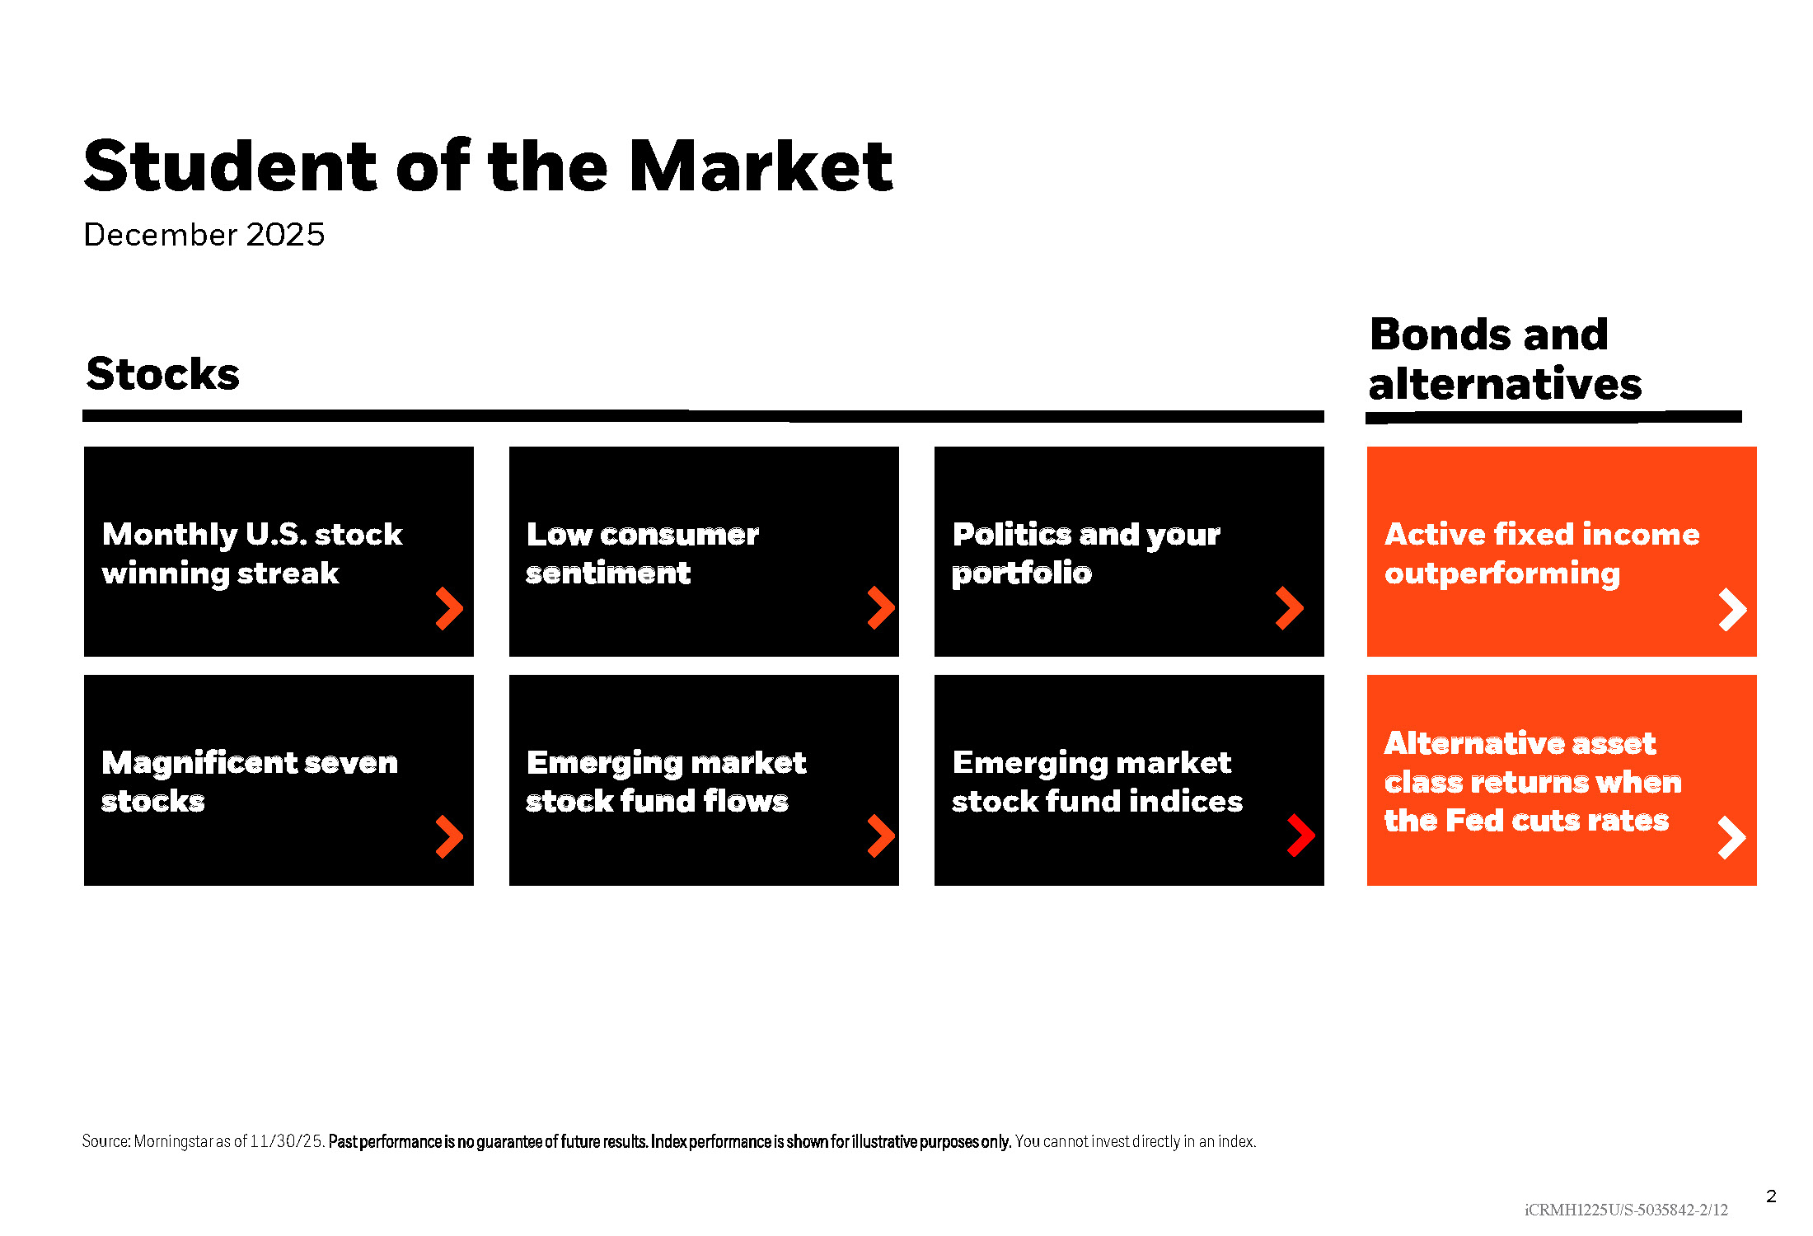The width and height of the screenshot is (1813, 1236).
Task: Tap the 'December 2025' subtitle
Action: point(204,235)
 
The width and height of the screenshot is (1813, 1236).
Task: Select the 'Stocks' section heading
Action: point(163,374)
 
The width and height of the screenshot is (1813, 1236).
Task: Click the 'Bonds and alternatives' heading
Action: point(1505,359)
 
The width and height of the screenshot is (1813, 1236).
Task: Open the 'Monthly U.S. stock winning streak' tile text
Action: point(252,554)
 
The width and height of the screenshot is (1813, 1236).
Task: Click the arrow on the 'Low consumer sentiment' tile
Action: point(880,608)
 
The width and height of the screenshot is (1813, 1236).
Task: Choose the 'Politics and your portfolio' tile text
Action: point(1086,554)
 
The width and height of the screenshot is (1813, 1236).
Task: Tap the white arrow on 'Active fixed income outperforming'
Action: point(1732,610)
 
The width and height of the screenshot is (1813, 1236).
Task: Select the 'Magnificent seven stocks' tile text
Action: point(250,781)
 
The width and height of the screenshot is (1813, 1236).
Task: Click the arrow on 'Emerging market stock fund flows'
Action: point(880,836)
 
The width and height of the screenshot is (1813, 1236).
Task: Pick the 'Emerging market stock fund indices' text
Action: point(1097,781)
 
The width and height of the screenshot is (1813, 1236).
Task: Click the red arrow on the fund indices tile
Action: point(1300,836)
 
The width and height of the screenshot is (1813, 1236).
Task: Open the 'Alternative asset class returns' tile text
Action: point(1533,781)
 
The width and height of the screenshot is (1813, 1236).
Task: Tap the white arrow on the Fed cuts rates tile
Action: point(1731,838)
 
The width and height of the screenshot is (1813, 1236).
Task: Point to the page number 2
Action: point(1771,1196)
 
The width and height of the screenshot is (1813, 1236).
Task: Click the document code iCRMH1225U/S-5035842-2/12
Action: point(1626,1210)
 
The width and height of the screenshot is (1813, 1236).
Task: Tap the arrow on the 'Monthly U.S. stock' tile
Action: point(449,609)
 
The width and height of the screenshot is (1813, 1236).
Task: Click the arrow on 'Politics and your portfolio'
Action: point(1289,608)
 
